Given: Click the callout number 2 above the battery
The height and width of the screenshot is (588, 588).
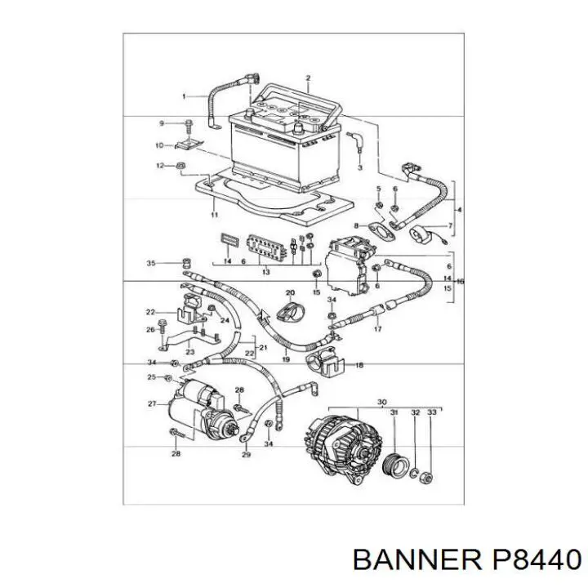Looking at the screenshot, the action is tap(308, 78).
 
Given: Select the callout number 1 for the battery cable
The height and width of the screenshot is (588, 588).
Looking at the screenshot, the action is tap(184, 96).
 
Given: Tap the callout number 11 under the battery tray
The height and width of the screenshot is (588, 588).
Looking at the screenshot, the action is tap(214, 215).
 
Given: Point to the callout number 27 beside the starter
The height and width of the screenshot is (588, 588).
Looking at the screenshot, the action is tap(152, 404).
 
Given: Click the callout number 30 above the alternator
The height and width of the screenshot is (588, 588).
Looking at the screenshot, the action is tap(381, 403).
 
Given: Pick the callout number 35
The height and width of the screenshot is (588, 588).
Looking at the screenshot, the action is tap(151, 263).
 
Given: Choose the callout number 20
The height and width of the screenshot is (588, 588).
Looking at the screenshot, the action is tap(290, 292).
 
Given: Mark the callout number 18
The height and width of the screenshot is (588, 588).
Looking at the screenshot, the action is tap(359, 365).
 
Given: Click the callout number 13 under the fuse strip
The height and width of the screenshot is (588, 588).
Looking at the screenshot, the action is tap(265, 272).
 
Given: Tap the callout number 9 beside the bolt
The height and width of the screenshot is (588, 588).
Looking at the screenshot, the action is tap(162, 123).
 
